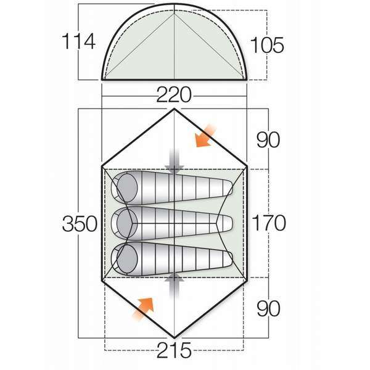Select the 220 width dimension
pyautogui.click(x=174, y=95)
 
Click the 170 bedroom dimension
pyautogui.click(x=269, y=223)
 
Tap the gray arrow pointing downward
pyautogui.click(x=175, y=159)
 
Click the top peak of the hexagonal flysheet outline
pyautogui.click(x=175, y=109)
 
